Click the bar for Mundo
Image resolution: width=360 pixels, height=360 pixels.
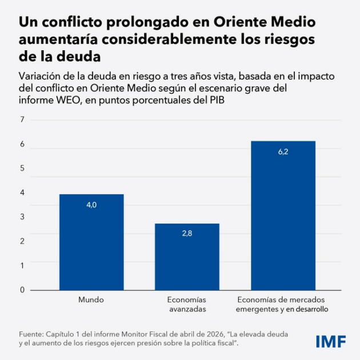click(x=91, y=242)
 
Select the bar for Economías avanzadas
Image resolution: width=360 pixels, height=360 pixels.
click(x=187, y=257)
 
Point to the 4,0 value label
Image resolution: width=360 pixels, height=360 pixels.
click(x=91, y=204)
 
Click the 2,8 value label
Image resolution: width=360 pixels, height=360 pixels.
click(x=187, y=233)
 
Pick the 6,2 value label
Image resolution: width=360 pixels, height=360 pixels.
click(x=283, y=151)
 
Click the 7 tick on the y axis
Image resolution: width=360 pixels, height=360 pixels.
click(x=22, y=120)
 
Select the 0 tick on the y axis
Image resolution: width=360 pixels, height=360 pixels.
click(x=22, y=290)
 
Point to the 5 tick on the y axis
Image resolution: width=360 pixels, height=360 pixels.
click(x=22, y=169)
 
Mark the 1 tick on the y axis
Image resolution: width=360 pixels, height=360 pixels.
click(x=22, y=266)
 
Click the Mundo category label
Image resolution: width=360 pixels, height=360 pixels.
click(x=91, y=299)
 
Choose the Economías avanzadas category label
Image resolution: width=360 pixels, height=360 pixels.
click(x=187, y=304)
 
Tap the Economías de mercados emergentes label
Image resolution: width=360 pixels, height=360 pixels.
click(x=283, y=304)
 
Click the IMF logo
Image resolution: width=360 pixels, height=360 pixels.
click(x=330, y=342)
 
